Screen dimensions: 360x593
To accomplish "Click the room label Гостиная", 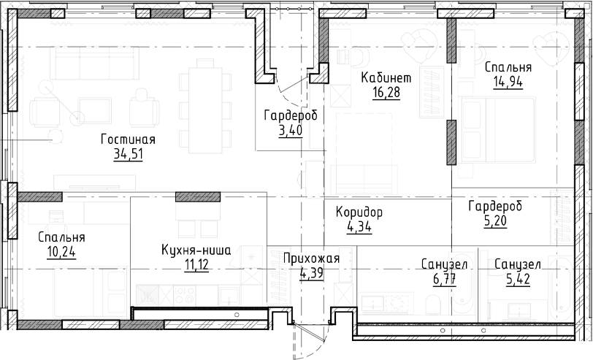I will [x=129, y=140].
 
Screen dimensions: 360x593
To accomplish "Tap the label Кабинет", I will [x=387, y=77].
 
